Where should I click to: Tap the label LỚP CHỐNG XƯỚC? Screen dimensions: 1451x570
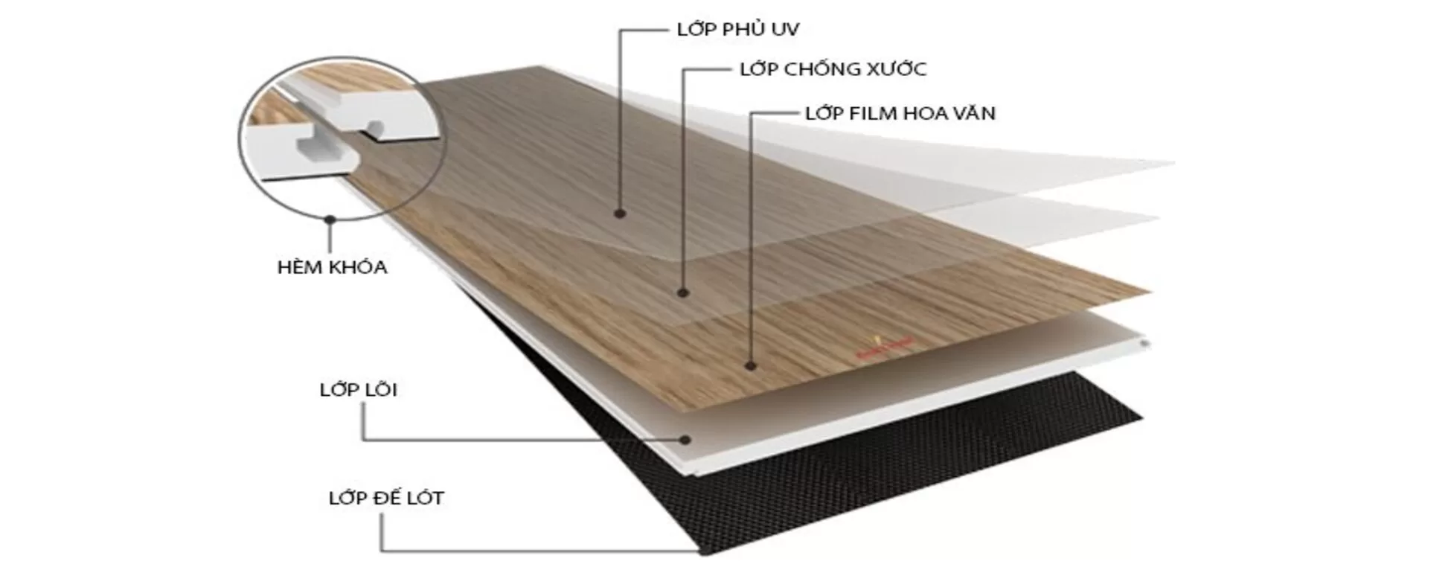coord(833,68)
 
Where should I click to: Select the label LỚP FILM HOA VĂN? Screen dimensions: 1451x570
coord(900,112)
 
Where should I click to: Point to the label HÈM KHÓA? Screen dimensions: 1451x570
coord(332,266)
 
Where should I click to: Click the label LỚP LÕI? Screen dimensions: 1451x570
coord(358,389)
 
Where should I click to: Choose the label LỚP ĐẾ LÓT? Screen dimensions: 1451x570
coord(386,497)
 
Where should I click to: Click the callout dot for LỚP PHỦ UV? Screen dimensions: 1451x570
coord(620,214)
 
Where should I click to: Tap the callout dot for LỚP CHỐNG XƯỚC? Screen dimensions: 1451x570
coord(684,292)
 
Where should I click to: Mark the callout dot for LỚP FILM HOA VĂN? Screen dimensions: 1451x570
coord(751,365)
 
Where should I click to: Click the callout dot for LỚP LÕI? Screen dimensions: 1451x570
coord(685,439)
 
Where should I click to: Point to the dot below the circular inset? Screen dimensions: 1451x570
coord(330,220)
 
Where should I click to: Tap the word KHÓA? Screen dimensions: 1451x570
coord(359,266)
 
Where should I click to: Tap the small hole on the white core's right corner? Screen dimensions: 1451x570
coord(1144,343)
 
